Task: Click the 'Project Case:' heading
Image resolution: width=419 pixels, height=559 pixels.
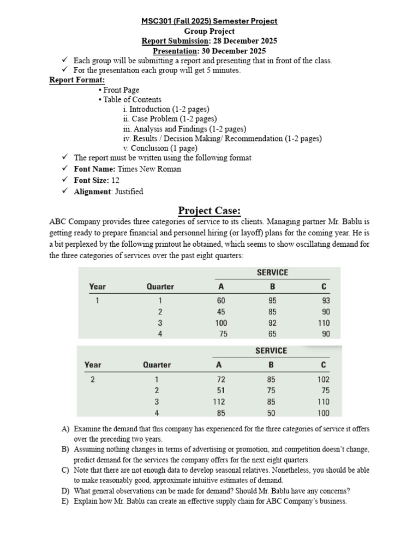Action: pyautogui.click(x=209, y=211)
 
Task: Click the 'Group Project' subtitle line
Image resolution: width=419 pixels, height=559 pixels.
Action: pyautogui.click(x=209, y=31)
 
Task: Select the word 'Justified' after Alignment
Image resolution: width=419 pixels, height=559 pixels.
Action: pyautogui.click(x=129, y=192)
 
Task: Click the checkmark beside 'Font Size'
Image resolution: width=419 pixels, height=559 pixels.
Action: pyautogui.click(x=65, y=180)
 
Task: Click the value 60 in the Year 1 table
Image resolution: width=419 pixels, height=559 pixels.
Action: pyautogui.click(x=222, y=301)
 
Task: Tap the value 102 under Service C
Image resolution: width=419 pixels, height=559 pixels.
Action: pyautogui.click(x=324, y=379)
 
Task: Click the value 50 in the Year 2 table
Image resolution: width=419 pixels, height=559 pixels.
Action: pyautogui.click(x=271, y=413)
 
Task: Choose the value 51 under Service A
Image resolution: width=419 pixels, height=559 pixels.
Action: pyautogui.click(x=221, y=390)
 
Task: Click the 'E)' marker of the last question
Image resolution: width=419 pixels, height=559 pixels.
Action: pyautogui.click(x=65, y=501)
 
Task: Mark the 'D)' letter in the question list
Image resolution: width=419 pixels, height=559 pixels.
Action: pyautogui.click(x=65, y=491)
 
